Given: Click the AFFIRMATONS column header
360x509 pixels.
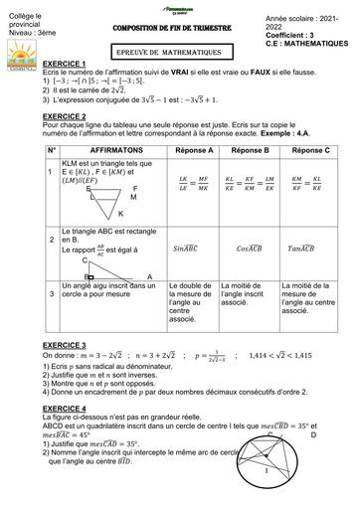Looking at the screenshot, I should [112, 149].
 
